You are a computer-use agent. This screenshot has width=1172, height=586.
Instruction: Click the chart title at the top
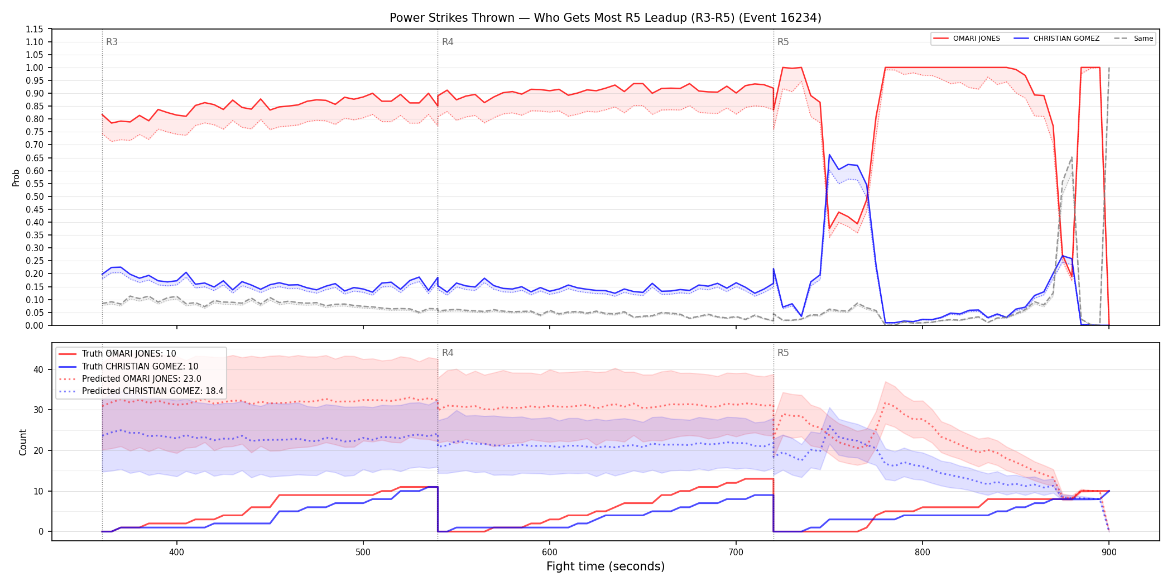(606, 18)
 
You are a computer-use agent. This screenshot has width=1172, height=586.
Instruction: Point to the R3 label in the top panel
(112, 42)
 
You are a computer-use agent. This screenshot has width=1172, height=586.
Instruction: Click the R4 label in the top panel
(448, 42)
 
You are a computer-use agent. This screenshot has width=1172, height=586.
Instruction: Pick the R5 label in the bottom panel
(783, 353)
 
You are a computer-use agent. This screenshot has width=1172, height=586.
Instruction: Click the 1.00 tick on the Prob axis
(35, 68)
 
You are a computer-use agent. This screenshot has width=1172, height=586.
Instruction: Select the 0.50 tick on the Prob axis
(35, 196)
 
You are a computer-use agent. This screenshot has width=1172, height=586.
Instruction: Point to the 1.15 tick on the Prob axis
(35, 29)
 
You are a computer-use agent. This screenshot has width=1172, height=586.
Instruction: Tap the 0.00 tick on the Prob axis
(35, 325)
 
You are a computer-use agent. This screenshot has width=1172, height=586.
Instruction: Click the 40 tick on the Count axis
(38, 369)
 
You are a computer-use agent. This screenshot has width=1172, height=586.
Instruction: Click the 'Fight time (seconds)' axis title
(606, 566)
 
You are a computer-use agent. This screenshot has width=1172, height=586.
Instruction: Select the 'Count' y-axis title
(23, 442)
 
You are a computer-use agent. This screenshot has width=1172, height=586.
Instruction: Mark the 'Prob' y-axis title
(16, 177)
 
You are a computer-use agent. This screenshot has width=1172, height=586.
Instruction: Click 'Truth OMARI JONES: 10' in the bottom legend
(129, 354)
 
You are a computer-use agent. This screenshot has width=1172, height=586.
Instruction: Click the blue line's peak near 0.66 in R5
(829, 155)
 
